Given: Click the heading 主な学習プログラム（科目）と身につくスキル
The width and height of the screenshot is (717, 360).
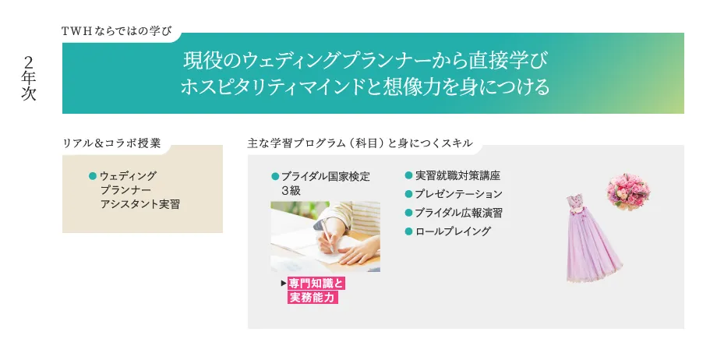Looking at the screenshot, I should pyautogui.click(x=359, y=143).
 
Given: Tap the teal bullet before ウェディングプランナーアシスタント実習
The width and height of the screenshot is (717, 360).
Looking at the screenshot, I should pyautogui.click(x=92, y=176).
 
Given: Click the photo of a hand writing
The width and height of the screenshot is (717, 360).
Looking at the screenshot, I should pyautogui.click(x=325, y=236).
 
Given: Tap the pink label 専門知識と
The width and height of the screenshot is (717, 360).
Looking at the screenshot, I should pyautogui.click(x=316, y=283).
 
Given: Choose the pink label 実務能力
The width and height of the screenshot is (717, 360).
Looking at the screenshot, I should pyautogui.click(x=313, y=297).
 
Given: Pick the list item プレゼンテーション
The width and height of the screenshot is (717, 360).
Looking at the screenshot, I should pyautogui.click(x=459, y=194).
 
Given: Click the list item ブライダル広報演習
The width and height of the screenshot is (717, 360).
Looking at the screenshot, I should pyautogui.click(x=459, y=213).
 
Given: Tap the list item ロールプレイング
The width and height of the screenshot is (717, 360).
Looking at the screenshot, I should pyautogui.click(x=453, y=231).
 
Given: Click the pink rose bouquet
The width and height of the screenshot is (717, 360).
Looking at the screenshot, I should pyautogui.click(x=629, y=192).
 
